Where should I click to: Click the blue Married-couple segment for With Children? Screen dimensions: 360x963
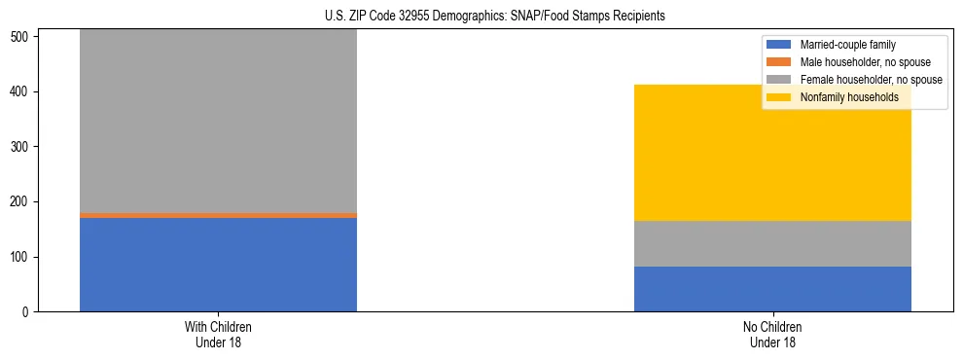coord(218,264)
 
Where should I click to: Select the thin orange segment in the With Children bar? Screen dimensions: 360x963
coord(218,215)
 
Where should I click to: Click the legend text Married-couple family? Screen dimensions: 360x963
coord(847,45)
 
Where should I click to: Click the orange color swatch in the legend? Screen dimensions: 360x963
coord(779,62)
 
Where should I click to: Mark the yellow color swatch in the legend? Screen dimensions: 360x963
coord(779,97)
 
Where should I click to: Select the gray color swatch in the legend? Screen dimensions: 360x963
coord(779,80)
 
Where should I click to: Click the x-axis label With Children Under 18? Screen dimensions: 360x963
coord(218,335)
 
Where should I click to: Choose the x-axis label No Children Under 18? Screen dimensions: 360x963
coord(772,335)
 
